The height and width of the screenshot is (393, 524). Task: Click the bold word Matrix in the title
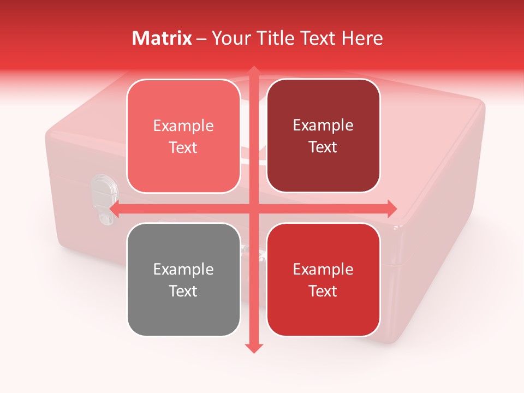(x=162, y=38)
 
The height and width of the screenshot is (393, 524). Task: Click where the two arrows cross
(x=253, y=209)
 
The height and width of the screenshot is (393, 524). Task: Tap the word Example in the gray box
(x=183, y=269)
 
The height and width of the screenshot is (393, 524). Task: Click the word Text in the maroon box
(x=323, y=147)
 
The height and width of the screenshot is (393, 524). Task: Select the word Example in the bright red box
(x=323, y=269)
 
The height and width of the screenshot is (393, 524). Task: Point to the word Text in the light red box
(x=183, y=148)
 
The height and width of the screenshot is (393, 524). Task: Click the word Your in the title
(x=229, y=38)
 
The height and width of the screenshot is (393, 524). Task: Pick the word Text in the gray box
(x=183, y=291)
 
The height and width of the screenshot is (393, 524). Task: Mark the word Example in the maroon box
(x=323, y=126)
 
